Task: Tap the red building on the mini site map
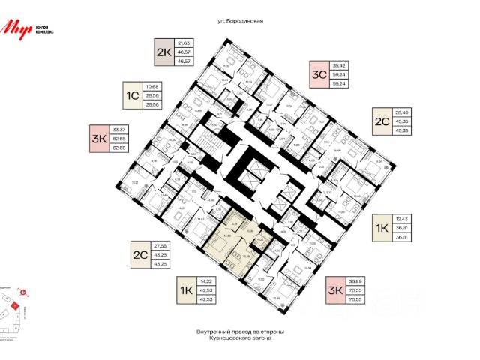[14, 305]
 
